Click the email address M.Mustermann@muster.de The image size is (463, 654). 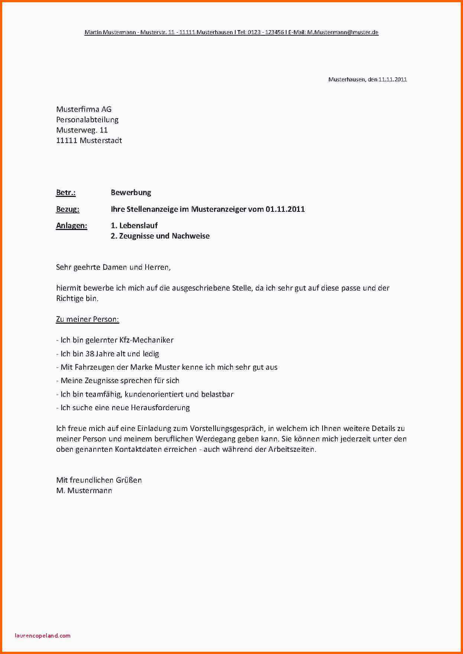pyautogui.click(x=343, y=32)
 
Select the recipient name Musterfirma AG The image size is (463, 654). pyautogui.click(x=84, y=109)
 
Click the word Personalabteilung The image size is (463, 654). pyautogui.click(x=87, y=120)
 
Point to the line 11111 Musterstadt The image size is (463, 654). pyautogui.click(x=89, y=140)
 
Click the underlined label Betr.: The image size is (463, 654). pyautogui.click(x=66, y=192)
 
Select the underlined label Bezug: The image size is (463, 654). pyautogui.click(x=68, y=209)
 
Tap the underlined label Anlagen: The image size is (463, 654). pyautogui.click(x=72, y=226)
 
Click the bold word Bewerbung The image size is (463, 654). pyautogui.click(x=131, y=192)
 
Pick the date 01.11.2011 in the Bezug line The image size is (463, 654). pyautogui.click(x=285, y=209)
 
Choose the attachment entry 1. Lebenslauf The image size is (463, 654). pyautogui.click(x=134, y=226)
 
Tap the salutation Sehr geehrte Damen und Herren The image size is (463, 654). pyautogui.click(x=113, y=267)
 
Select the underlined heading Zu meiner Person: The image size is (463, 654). pyautogui.click(x=87, y=319)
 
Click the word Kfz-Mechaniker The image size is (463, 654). pyautogui.click(x=146, y=340)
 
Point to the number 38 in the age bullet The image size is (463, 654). pyautogui.click(x=90, y=354)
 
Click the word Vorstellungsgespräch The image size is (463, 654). pyautogui.click(x=227, y=428)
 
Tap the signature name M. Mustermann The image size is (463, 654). pyautogui.click(x=84, y=490)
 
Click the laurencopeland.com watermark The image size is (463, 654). pyautogui.click(x=43, y=635)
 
